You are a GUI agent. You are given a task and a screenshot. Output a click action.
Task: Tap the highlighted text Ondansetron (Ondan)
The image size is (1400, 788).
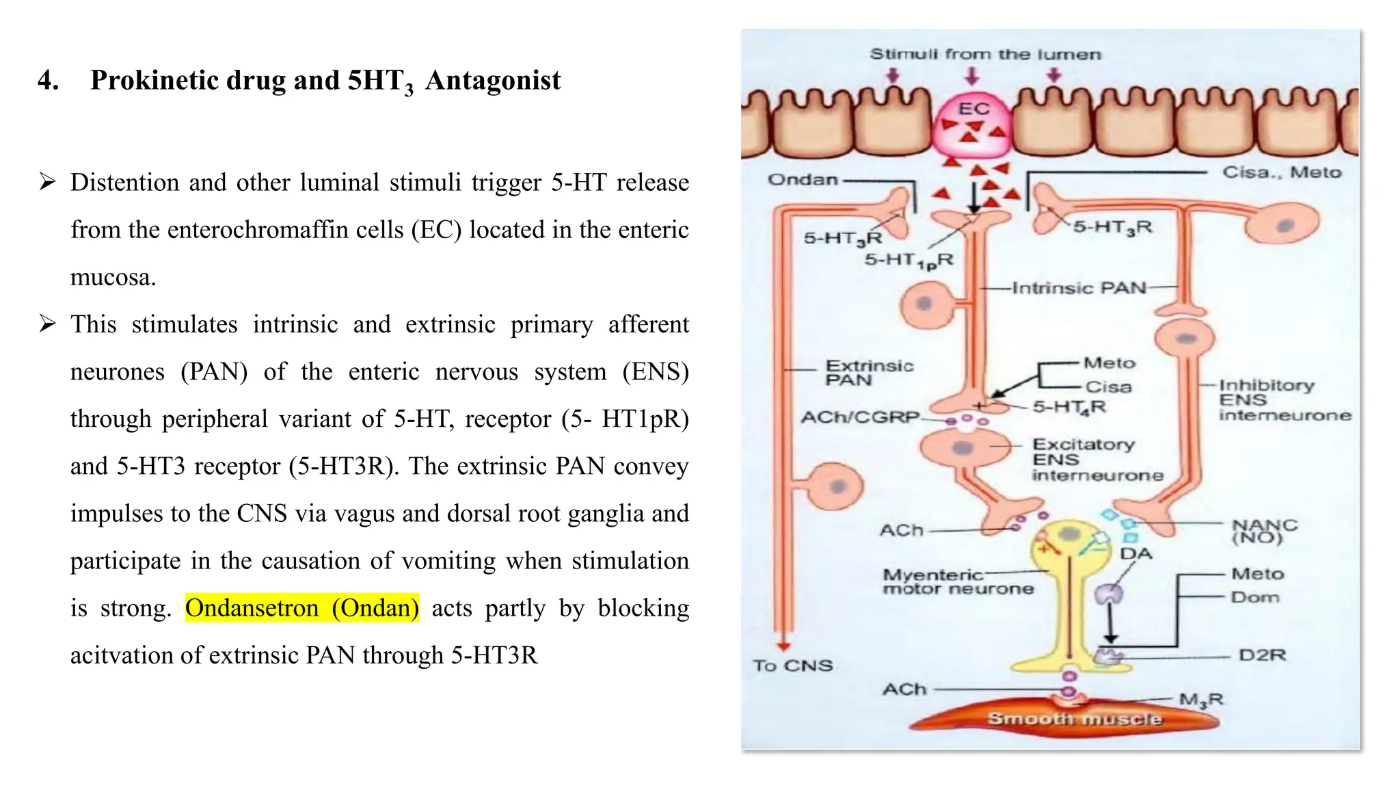tap(301, 607)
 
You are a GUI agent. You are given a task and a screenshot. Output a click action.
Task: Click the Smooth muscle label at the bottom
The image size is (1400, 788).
tap(1074, 719)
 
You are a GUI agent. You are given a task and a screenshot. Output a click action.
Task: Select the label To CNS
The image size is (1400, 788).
tap(793, 666)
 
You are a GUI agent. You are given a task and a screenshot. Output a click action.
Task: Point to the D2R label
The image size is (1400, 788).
tap(1262, 655)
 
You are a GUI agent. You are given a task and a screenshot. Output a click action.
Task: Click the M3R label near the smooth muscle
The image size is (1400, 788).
tap(1201, 700)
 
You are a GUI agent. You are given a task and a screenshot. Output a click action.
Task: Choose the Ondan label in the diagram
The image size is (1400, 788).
tap(803, 180)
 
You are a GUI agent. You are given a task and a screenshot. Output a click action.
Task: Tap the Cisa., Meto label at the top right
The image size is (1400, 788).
tap(1282, 172)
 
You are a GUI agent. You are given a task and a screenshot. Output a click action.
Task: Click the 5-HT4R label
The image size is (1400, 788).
tap(1069, 407)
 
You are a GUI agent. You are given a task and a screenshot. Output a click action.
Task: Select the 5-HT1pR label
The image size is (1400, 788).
tap(908, 261)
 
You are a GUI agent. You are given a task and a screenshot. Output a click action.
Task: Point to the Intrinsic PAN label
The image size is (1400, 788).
tap(1079, 288)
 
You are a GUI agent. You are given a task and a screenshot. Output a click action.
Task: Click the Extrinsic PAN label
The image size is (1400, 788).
tap(868, 373)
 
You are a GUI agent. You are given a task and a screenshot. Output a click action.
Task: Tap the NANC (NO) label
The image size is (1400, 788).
tap(1264, 531)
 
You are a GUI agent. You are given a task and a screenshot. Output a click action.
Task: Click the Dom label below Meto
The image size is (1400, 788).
tap(1255, 597)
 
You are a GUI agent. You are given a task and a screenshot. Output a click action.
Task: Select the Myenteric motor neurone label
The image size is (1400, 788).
tap(957, 582)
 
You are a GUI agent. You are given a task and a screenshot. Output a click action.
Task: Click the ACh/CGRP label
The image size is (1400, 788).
tap(860, 417)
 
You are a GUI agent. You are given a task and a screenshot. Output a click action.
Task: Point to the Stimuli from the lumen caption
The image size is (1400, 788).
tap(985, 55)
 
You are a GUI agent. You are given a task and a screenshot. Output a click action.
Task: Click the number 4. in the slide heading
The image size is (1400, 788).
tap(48, 81)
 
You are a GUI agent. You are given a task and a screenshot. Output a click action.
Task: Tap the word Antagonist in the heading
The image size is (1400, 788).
tap(492, 81)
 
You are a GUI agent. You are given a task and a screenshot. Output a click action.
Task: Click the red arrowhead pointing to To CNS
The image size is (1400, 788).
tap(783, 646)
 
